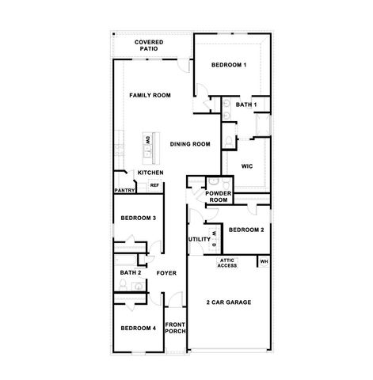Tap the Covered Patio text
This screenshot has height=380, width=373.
tap(149, 45)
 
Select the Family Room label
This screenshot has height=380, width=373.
tap(150, 96)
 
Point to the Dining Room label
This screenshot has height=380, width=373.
tap(190, 144)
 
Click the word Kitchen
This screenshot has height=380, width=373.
tap(150, 173)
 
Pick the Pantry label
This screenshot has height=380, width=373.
tap(124, 190)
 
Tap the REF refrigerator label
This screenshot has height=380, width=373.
tap(154, 185)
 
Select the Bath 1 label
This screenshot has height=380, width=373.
tap(247, 104)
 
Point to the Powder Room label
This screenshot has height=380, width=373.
tap(218, 197)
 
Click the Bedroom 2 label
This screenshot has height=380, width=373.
tap(245, 230)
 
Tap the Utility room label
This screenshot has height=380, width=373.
tap(199, 239)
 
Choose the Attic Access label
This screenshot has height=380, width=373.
tap(228, 263)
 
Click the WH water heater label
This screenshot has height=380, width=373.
tap(265, 260)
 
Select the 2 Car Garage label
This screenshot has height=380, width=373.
tap(230, 302)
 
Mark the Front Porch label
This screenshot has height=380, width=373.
tap(174, 328)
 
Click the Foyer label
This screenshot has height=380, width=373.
tap(166, 273)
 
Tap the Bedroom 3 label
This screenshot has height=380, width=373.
tap(138, 218)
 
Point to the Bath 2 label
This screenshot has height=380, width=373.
tap(130, 273)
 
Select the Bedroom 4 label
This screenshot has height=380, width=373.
tap(138, 328)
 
